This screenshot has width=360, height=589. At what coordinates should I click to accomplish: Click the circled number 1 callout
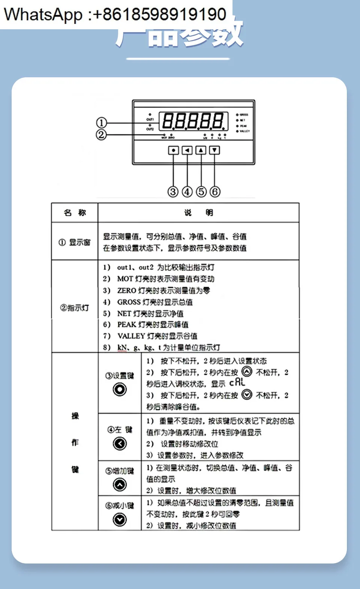[101, 123]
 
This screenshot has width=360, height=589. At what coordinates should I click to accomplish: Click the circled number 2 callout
[101, 135]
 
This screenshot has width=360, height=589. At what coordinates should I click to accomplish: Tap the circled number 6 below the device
[214, 192]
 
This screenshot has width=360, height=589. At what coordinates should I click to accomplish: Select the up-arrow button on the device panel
[201, 150]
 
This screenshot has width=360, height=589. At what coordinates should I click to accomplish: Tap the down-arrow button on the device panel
[214, 150]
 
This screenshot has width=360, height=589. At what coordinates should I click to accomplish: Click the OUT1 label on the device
[150, 119]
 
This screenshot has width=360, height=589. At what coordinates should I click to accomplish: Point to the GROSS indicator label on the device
[244, 115]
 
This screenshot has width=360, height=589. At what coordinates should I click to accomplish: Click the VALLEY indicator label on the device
[244, 131]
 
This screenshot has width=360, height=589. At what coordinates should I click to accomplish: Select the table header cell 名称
[75, 213]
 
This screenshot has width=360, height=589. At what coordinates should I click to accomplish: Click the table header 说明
[198, 213]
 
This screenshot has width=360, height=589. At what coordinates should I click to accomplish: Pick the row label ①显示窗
[75, 242]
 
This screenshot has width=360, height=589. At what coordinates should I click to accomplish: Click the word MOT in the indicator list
[125, 279]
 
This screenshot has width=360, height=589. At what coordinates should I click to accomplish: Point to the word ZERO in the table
[126, 290]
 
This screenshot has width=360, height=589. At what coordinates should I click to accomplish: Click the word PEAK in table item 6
[126, 325]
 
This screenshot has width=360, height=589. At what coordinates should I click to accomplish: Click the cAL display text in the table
[237, 383]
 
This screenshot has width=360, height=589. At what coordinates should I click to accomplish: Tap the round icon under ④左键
[120, 444]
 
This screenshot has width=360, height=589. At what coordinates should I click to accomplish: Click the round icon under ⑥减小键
[120, 520]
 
